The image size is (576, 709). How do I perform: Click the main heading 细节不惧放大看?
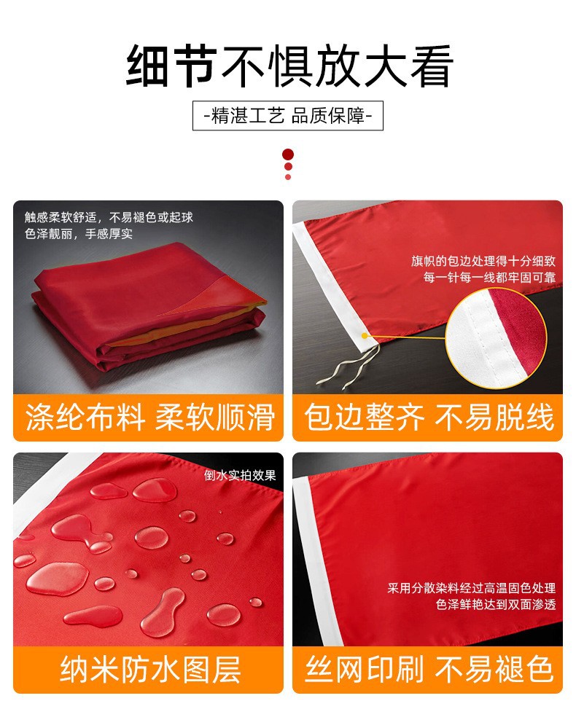[289, 66]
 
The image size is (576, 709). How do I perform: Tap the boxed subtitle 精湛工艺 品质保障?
[288, 116]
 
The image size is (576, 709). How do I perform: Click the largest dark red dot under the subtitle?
[288, 154]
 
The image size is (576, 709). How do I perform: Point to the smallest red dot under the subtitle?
[288, 177]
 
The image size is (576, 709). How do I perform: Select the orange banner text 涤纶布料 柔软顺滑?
[149, 417]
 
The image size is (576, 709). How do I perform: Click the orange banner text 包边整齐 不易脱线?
[429, 417]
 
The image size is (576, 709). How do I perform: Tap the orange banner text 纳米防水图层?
[150, 669]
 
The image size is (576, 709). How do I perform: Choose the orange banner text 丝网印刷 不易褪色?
[429, 669]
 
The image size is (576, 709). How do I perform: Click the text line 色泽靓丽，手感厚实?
[79, 234]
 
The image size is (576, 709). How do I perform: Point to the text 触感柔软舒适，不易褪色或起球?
[109, 217]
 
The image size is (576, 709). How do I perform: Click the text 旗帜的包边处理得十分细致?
[483, 261]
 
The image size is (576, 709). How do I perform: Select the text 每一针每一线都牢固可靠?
[489, 277]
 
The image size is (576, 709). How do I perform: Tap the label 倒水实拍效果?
[240, 475]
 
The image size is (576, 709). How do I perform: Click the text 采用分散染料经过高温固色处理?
[472, 588]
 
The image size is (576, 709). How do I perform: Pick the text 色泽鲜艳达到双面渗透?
[496, 604]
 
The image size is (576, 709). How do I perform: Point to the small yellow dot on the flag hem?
[365, 335]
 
